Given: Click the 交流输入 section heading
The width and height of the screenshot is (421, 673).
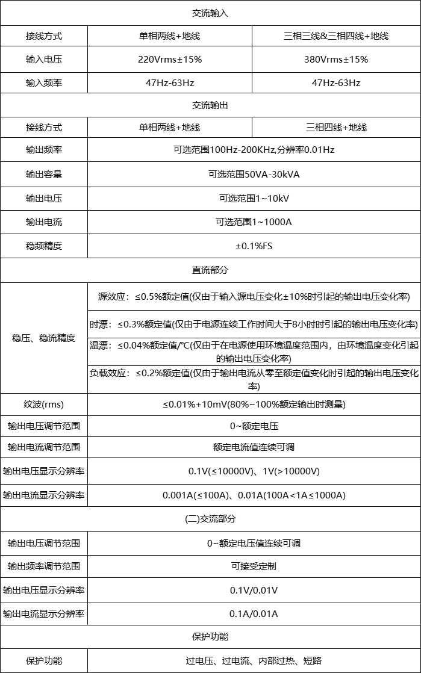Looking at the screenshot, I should [x=210, y=12].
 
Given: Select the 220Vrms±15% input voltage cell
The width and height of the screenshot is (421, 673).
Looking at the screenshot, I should [x=169, y=60].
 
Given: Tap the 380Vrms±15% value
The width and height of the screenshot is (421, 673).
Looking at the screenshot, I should [x=335, y=60].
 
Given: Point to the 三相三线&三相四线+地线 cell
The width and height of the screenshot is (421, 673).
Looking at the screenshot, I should [x=335, y=36].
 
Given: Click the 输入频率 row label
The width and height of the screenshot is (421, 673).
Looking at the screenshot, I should [x=43, y=83].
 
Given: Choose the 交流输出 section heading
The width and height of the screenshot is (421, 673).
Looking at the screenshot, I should [x=210, y=105].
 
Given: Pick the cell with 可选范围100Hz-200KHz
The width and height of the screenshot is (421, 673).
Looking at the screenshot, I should [x=254, y=150].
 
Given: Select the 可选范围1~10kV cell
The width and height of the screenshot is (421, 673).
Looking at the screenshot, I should [x=254, y=198].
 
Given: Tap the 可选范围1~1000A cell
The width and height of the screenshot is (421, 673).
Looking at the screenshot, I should [x=254, y=222].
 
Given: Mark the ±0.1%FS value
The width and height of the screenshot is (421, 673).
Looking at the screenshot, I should [x=254, y=246].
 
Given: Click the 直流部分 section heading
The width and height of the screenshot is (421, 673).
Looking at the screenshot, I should [x=210, y=270].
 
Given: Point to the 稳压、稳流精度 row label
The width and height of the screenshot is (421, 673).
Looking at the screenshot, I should [x=43, y=338].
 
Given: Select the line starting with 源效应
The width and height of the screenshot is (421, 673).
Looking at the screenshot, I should [x=254, y=296].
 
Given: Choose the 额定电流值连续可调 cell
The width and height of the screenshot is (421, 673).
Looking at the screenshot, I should [x=254, y=447].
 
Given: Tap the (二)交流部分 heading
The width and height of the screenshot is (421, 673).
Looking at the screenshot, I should [x=210, y=519].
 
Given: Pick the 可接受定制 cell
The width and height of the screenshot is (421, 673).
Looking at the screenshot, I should [x=254, y=566].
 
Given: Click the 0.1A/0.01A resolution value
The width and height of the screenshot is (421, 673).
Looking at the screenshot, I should [x=254, y=614].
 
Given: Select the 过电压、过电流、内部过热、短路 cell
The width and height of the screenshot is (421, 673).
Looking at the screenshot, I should [x=254, y=661].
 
